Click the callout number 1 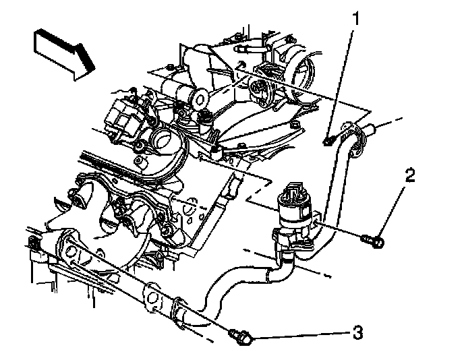point(356,18)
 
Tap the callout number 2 point(410,175)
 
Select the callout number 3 point(357,332)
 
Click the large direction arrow point(65,55)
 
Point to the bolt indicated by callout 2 point(372,240)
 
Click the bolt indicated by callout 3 point(241,337)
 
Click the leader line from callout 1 point(341,82)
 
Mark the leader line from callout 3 point(301,335)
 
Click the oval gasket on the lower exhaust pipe point(152,297)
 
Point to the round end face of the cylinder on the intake point(200,100)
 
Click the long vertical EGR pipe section point(331,189)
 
